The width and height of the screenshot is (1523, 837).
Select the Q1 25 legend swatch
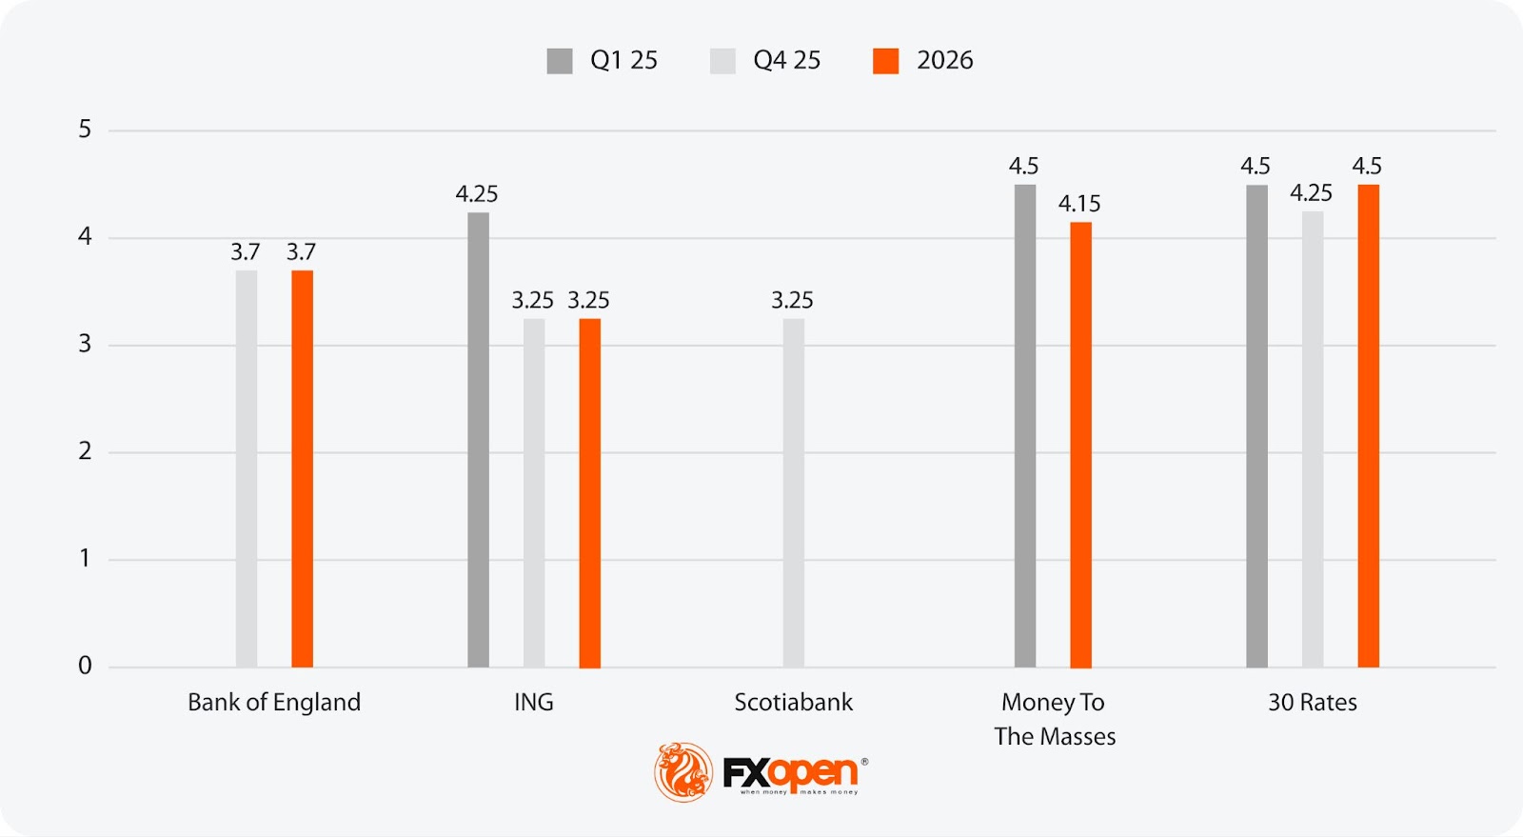560,61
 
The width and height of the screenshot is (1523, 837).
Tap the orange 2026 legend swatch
885,61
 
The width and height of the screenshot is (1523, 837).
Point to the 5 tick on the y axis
85,130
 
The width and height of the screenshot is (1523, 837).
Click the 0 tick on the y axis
85,666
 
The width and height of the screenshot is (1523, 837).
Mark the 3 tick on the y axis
85,344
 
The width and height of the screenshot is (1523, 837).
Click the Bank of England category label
274,703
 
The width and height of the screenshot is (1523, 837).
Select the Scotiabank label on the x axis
793,703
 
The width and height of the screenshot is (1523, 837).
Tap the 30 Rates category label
1312,703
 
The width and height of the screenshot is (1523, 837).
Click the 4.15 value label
1079,204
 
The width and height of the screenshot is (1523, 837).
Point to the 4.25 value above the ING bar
476,194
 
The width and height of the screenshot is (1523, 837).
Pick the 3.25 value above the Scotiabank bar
792,301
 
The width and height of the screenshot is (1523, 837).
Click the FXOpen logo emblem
682,771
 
